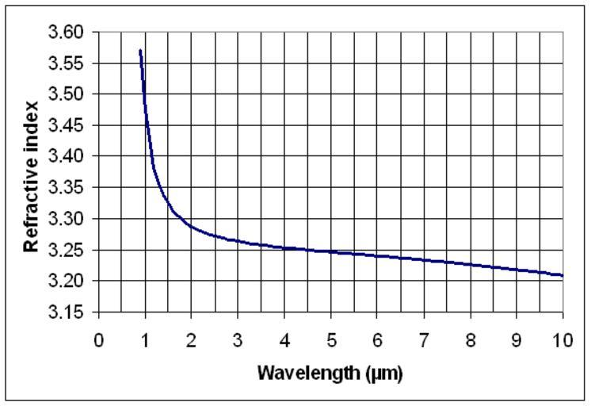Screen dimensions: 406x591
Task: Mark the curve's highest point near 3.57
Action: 140,51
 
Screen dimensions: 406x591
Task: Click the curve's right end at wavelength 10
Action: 562,275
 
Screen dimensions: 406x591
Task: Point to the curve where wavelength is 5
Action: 331,251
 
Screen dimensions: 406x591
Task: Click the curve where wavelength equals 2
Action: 192,226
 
